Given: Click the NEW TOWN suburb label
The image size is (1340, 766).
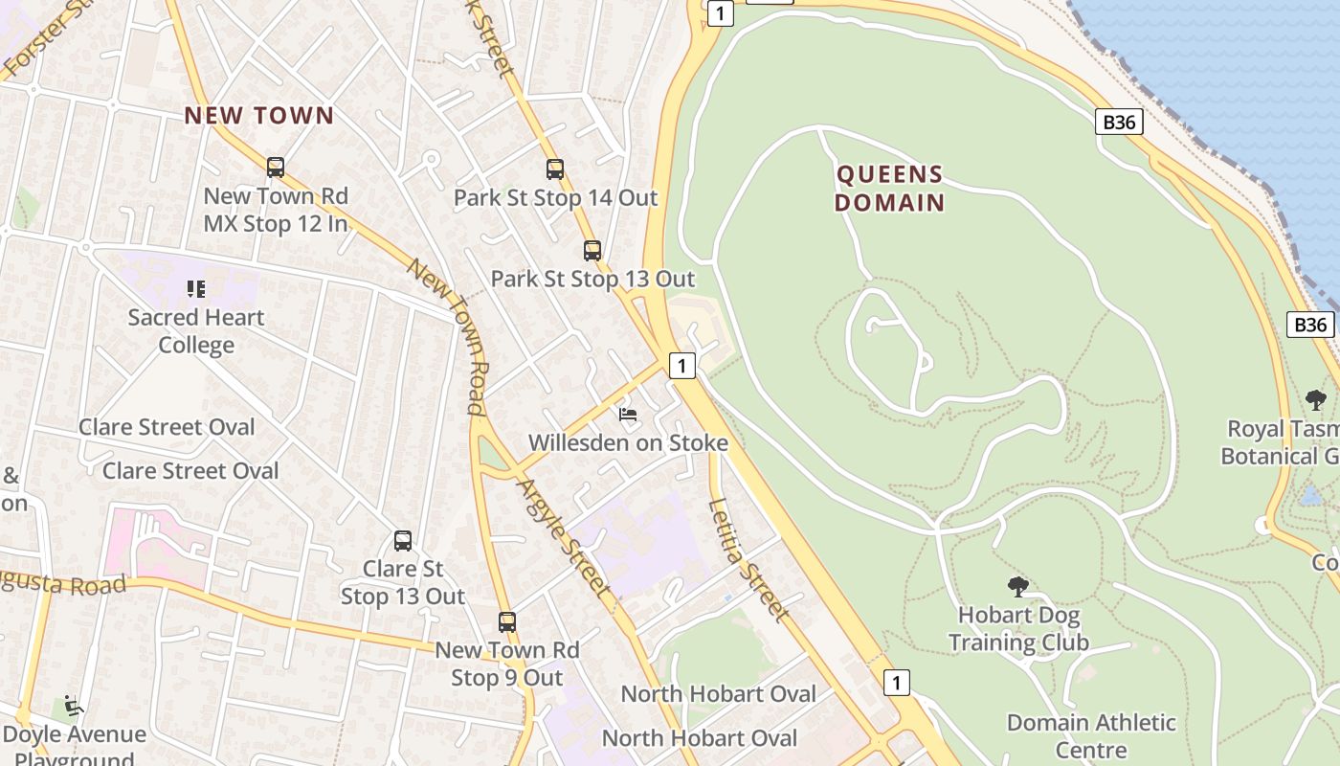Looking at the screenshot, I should tap(259, 116).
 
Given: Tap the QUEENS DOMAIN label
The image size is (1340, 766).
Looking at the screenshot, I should tap(889, 189).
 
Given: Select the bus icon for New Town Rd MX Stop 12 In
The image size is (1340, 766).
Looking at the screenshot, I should tap(276, 168).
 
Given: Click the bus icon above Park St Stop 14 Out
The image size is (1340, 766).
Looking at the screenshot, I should tap(555, 169).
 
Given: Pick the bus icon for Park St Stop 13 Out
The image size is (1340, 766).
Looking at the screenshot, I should tap(592, 251).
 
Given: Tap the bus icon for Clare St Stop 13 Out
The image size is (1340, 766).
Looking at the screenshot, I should tap(403, 541).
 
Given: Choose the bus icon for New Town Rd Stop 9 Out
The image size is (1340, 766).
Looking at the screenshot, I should tap(507, 621).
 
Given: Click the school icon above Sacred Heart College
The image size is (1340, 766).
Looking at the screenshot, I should tap(196, 288).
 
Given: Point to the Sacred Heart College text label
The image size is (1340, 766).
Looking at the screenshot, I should tap(196, 331).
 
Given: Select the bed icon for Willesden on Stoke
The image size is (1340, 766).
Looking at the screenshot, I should tap(628, 415).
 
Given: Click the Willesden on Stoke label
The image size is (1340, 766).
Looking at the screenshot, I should tap(628, 443).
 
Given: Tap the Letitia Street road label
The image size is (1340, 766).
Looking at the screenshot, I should tap(748, 559).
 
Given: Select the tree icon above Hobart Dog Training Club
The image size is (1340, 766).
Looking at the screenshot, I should tap(1018, 586).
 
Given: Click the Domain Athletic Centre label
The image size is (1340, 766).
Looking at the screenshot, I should tap(1091, 735).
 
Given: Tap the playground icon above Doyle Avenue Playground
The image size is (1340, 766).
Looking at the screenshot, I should tap(73, 707).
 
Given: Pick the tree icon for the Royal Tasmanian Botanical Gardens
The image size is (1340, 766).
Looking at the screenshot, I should tap(1316, 399).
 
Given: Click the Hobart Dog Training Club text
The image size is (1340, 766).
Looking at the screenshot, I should tap(1018, 628).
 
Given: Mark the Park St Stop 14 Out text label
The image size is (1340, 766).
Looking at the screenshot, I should tap(555, 198).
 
